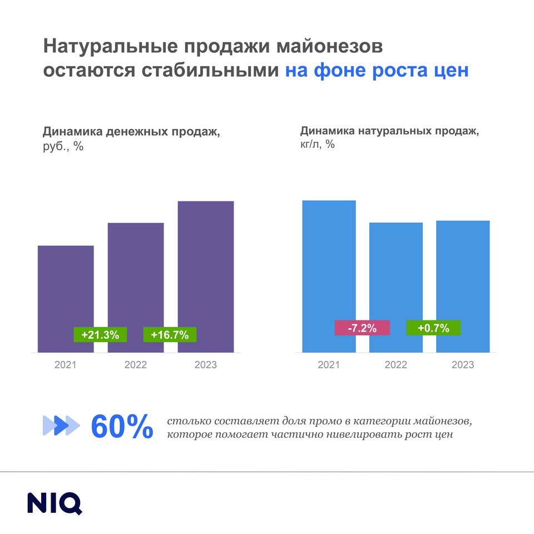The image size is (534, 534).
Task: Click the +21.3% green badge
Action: click(x=101, y=335)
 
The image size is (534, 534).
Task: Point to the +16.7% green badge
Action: click(x=170, y=335)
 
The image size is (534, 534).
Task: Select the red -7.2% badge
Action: click(x=362, y=328)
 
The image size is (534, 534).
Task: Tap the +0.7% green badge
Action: click(x=433, y=328)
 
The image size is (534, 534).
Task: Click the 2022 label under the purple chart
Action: click(x=136, y=365)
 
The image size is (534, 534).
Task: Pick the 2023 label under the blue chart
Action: click(x=463, y=365)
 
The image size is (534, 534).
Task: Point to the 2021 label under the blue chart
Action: click(x=329, y=365)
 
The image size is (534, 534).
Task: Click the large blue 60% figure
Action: click(x=122, y=427)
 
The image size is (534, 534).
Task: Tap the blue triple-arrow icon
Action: click(x=61, y=426)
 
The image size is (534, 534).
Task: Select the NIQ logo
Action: click(x=55, y=502)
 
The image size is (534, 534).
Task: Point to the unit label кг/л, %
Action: click(x=318, y=145)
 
